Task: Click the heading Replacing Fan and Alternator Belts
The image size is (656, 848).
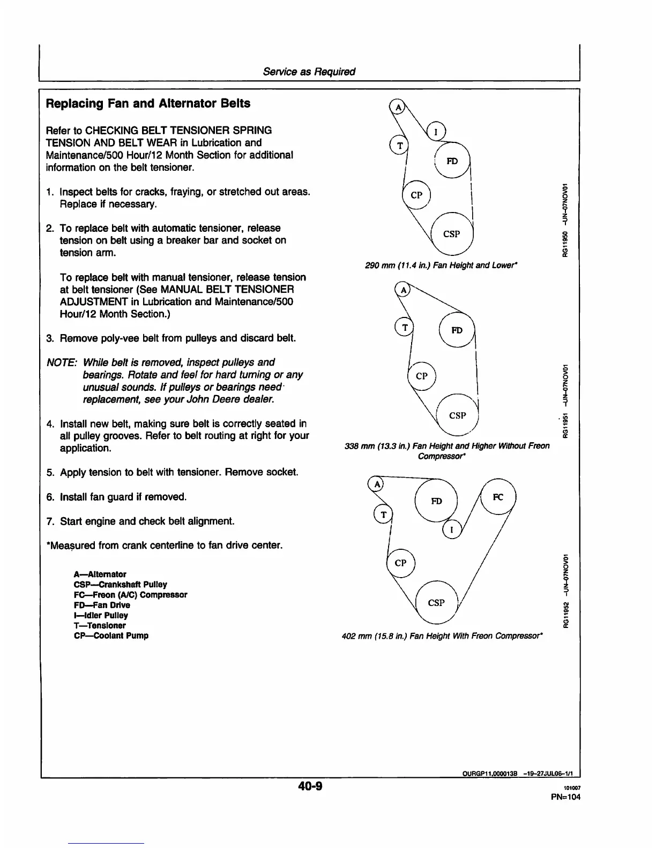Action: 148,103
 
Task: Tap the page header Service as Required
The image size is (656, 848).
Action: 309,72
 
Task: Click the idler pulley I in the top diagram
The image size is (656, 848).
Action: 436,131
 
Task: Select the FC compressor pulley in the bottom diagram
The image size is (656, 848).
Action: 498,497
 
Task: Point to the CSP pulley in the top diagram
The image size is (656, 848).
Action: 452,234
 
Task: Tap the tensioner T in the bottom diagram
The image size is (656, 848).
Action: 383,514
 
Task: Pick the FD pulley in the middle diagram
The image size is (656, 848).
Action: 457,330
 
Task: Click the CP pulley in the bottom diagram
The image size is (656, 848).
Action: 400,563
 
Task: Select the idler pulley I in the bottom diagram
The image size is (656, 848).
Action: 452,529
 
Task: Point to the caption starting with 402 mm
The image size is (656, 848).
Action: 442,636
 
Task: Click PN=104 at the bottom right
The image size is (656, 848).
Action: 565,797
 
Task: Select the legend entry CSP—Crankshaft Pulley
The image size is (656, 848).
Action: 120,585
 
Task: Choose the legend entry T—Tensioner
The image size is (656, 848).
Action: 99,625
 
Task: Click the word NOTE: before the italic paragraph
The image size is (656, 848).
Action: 62,362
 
